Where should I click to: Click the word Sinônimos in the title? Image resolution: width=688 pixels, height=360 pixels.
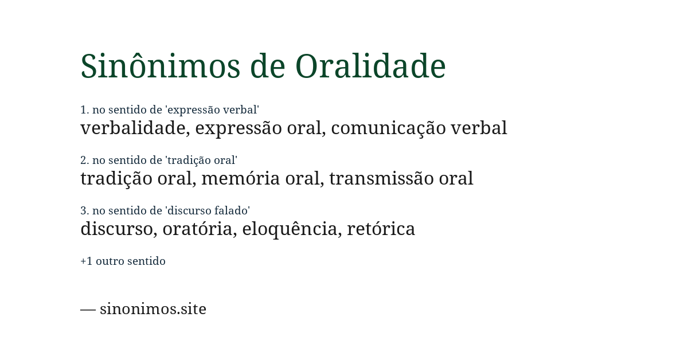click(x=160, y=66)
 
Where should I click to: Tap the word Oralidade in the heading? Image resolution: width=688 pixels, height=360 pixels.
click(x=370, y=66)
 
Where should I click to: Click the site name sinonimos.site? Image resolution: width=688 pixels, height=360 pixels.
click(x=153, y=309)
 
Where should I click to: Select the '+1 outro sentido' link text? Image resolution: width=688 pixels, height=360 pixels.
click(x=123, y=261)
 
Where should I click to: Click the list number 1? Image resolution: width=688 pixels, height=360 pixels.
click(x=84, y=110)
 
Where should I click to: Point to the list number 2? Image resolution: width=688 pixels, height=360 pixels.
click(x=84, y=161)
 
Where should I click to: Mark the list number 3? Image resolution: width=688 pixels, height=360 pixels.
click(x=84, y=211)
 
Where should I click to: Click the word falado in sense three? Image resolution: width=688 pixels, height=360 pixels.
click(x=232, y=211)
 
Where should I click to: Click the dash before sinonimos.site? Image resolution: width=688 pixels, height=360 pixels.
click(x=88, y=309)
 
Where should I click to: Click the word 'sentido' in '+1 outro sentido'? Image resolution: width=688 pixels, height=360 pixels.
click(x=146, y=261)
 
